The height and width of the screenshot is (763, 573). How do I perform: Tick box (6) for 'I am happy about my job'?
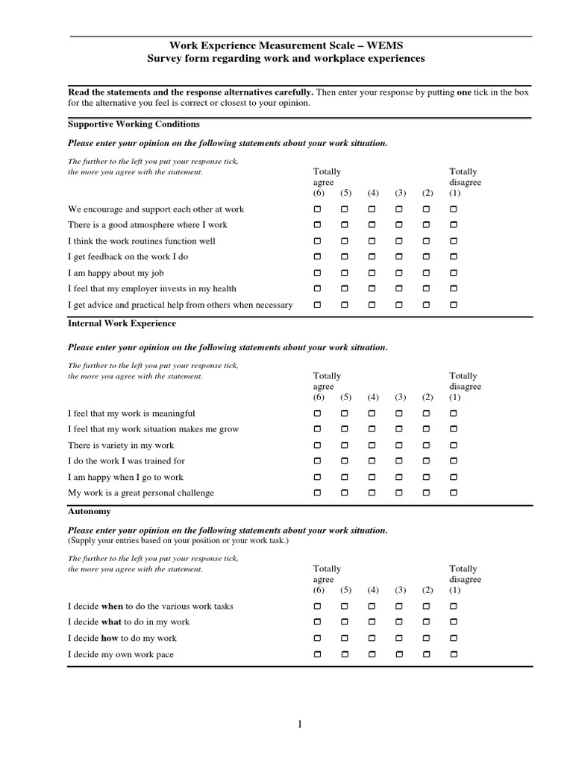(x=318, y=273)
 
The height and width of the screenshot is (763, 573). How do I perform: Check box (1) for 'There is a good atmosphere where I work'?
(x=454, y=224)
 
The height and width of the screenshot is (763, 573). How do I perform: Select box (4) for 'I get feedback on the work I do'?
(x=372, y=256)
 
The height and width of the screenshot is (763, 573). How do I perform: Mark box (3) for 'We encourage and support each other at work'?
(x=399, y=209)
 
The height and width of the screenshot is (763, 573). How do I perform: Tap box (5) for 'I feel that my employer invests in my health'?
(x=345, y=288)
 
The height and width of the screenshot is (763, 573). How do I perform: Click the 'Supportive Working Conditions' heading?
(x=134, y=124)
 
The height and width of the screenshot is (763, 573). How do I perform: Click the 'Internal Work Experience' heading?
(x=122, y=323)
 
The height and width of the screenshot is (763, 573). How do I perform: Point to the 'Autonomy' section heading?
(x=89, y=512)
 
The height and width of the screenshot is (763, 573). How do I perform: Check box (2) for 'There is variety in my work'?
(x=427, y=445)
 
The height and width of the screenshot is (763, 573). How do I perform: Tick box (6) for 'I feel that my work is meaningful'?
(x=318, y=413)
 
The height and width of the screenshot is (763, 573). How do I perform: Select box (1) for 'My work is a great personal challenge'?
(x=454, y=493)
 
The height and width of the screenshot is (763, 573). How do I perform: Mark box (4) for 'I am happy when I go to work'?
(x=372, y=477)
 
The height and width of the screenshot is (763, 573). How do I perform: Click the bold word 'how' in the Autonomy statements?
(x=110, y=638)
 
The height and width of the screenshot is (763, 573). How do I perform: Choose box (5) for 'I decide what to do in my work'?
(x=345, y=622)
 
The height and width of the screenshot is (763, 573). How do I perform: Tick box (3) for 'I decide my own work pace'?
(x=399, y=654)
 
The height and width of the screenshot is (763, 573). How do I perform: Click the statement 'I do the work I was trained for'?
(x=126, y=461)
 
